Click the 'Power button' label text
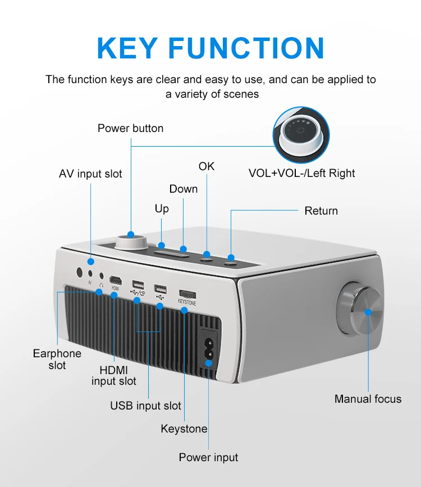coord(130,128)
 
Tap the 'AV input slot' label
coord(90,174)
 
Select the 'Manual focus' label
coord(368,399)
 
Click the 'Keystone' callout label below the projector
coord(184,429)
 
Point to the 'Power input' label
coord(208,457)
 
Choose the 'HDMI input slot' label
coord(114,375)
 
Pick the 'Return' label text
coord(321,211)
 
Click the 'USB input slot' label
coord(145,405)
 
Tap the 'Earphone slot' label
coord(57,359)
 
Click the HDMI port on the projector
coord(115,280)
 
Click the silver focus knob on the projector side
coord(360,311)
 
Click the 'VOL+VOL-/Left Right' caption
coord(301,173)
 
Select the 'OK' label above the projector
coord(207,166)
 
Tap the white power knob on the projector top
coord(131,242)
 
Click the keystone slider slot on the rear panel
coord(187,294)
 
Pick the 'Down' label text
coord(184,189)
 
